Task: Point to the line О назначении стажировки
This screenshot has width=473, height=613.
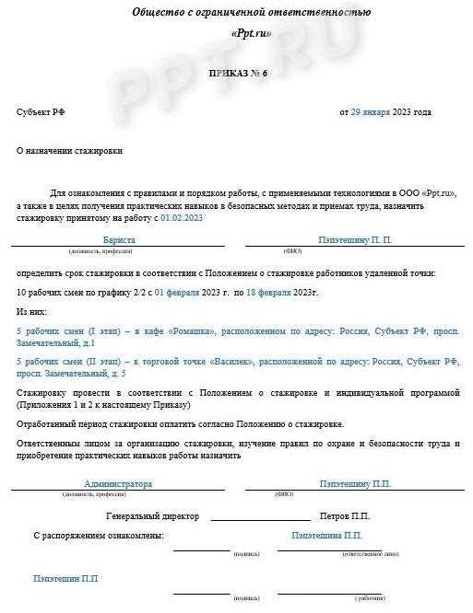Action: [69, 150]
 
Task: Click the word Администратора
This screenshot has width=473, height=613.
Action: [118, 483]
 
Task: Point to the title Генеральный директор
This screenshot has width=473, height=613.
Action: [152, 516]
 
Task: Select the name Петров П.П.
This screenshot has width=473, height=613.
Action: [345, 516]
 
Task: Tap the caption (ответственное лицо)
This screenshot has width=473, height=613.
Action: [369, 554]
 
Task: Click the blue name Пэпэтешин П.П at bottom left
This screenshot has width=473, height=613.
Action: [65, 579]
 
